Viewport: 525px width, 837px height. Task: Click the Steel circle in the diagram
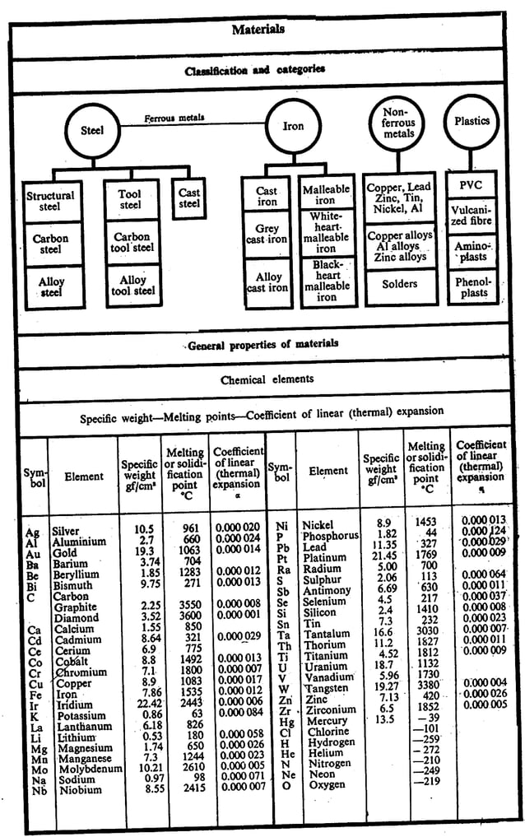pyautogui.click(x=91, y=130)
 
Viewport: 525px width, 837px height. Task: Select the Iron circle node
pyautogui.click(x=293, y=127)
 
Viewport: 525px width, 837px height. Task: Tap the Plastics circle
pyautogui.click(x=472, y=121)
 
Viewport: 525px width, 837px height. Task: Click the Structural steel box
pyautogui.click(x=50, y=201)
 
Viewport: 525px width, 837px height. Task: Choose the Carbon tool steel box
pyautogui.click(x=131, y=242)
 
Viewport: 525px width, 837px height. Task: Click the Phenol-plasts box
pyautogui.click(x=471, y=286)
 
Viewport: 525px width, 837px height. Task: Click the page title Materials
pyautogui.click(x=258, y=30)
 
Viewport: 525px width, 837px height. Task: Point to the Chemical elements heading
pyautogui.click(x=267, y=380)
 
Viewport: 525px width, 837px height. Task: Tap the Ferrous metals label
pyautogui.click(x=174, y=119)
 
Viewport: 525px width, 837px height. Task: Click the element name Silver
pyautogui.click(x=65, y=532)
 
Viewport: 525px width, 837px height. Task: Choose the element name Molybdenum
pyautogui.click(x=86, y=769)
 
